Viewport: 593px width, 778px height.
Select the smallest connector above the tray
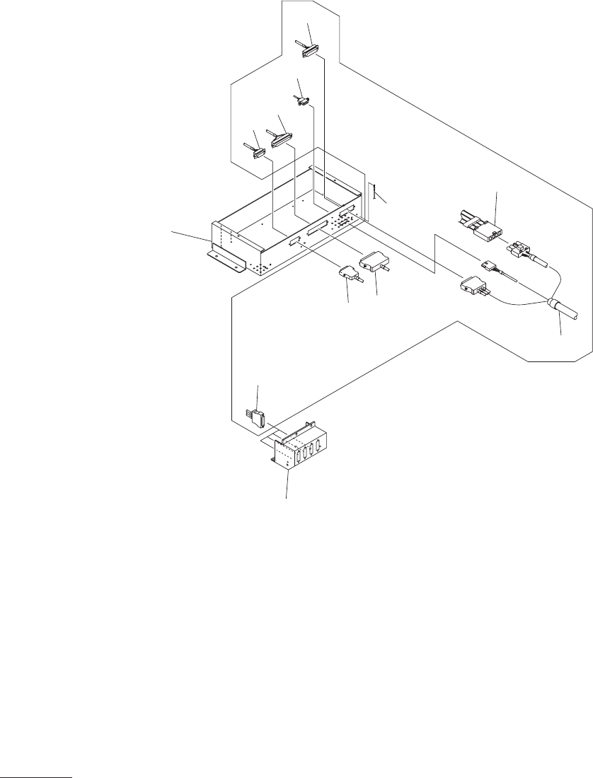pos(302,102)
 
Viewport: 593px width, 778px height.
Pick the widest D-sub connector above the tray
pos(281,137)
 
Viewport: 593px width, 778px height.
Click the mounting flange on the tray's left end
pos(226,260)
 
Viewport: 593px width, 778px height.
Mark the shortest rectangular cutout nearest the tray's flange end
pos(294,242)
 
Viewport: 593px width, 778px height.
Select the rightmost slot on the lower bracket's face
pos(320,444)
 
